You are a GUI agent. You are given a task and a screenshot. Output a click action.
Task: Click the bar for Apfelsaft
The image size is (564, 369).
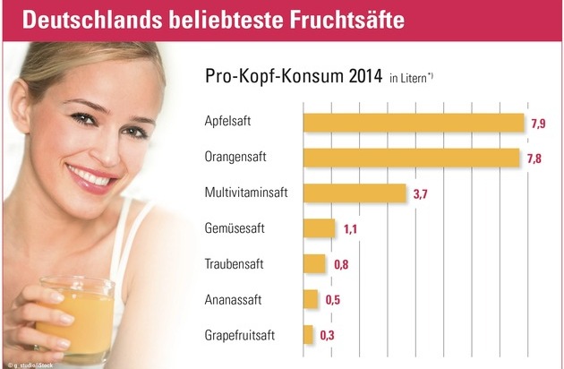coord(414,123)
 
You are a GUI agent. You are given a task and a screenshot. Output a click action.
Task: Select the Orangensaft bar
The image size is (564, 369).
coord(412,158)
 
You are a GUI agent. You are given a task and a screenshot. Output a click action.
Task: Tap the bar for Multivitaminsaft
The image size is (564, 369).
coord(355,193)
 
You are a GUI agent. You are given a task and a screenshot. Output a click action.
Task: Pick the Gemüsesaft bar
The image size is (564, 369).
coord(320,228)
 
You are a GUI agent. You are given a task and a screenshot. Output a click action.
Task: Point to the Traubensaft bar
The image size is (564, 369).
coord(315,264)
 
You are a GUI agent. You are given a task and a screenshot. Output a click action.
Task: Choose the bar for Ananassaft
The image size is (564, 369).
coord(311,299)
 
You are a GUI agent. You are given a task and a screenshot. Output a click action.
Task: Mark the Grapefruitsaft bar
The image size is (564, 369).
coord(308,334)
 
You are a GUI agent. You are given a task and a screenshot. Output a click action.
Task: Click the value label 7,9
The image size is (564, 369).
coord(538,123)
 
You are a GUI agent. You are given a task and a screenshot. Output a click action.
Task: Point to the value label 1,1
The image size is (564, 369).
coord(351,229)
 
